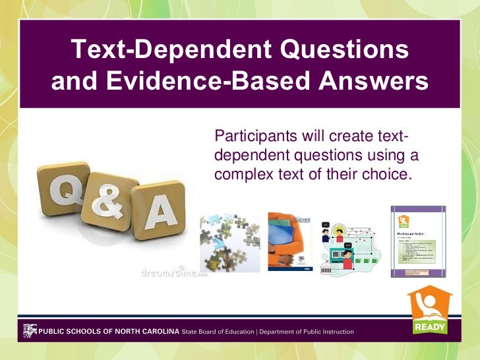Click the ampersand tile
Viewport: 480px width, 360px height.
[x=109, y=201]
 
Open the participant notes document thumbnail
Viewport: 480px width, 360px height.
[x=417, y=241]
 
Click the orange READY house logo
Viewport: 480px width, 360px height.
[x=429, y=311]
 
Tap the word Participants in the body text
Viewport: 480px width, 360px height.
[x=253, y=136]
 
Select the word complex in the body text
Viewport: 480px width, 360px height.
[x=241, y=175]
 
